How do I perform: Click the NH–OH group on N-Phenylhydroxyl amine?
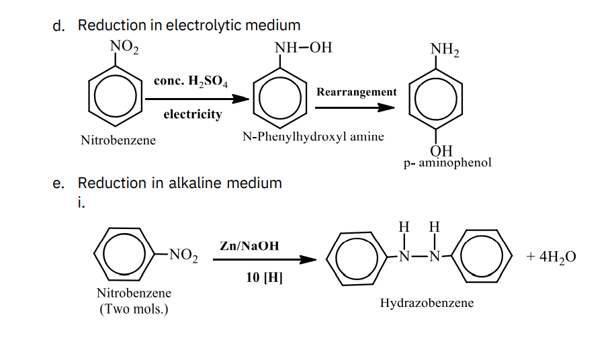click(303, 48)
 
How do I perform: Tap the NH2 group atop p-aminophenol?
click(444, 50)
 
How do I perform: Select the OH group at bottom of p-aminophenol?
click(441, 150)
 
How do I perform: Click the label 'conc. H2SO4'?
click(191, 81)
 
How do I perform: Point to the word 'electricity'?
click(193, 114)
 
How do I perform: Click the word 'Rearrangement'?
click(357, 92)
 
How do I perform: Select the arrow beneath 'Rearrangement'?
click(355, 107)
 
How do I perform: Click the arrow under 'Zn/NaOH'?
click(265, 259)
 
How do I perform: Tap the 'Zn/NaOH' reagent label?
click(249, 246)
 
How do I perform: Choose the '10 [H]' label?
click(264, 277)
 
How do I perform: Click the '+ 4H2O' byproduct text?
click(552, 257)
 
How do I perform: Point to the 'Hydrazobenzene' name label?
click(427, 303)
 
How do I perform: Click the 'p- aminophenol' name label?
click(447, 163)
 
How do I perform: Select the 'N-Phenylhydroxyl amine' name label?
click(313, 136)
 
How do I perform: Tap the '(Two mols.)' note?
click(134, 309)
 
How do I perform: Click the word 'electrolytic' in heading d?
click(204, 25)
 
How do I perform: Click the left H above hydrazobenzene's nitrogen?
click(404, 227)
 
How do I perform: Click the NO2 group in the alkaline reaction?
click(183, 255)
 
